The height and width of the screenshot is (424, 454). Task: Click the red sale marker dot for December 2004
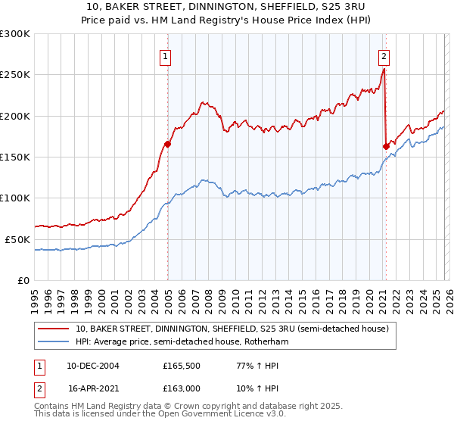(x=167, y=144)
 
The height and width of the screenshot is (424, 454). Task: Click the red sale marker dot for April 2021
(x=386, y=146)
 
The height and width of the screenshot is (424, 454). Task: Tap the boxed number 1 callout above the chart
(x=165, y=55)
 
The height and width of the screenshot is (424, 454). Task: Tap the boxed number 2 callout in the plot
(x=384, y=55)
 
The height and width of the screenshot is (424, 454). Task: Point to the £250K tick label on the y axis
(x=15, y=75)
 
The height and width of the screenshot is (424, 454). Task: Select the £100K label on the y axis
(x=15, y=198)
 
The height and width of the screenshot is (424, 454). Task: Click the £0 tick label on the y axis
(x=24, y=280)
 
